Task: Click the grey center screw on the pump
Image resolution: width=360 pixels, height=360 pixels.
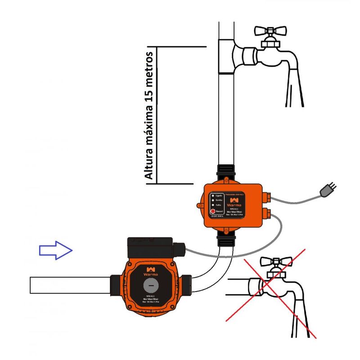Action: click(151, 286)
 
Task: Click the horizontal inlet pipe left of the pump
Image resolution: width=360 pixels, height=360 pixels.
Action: click(67, 285)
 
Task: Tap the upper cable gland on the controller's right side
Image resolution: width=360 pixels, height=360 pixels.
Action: click(267, 196)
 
